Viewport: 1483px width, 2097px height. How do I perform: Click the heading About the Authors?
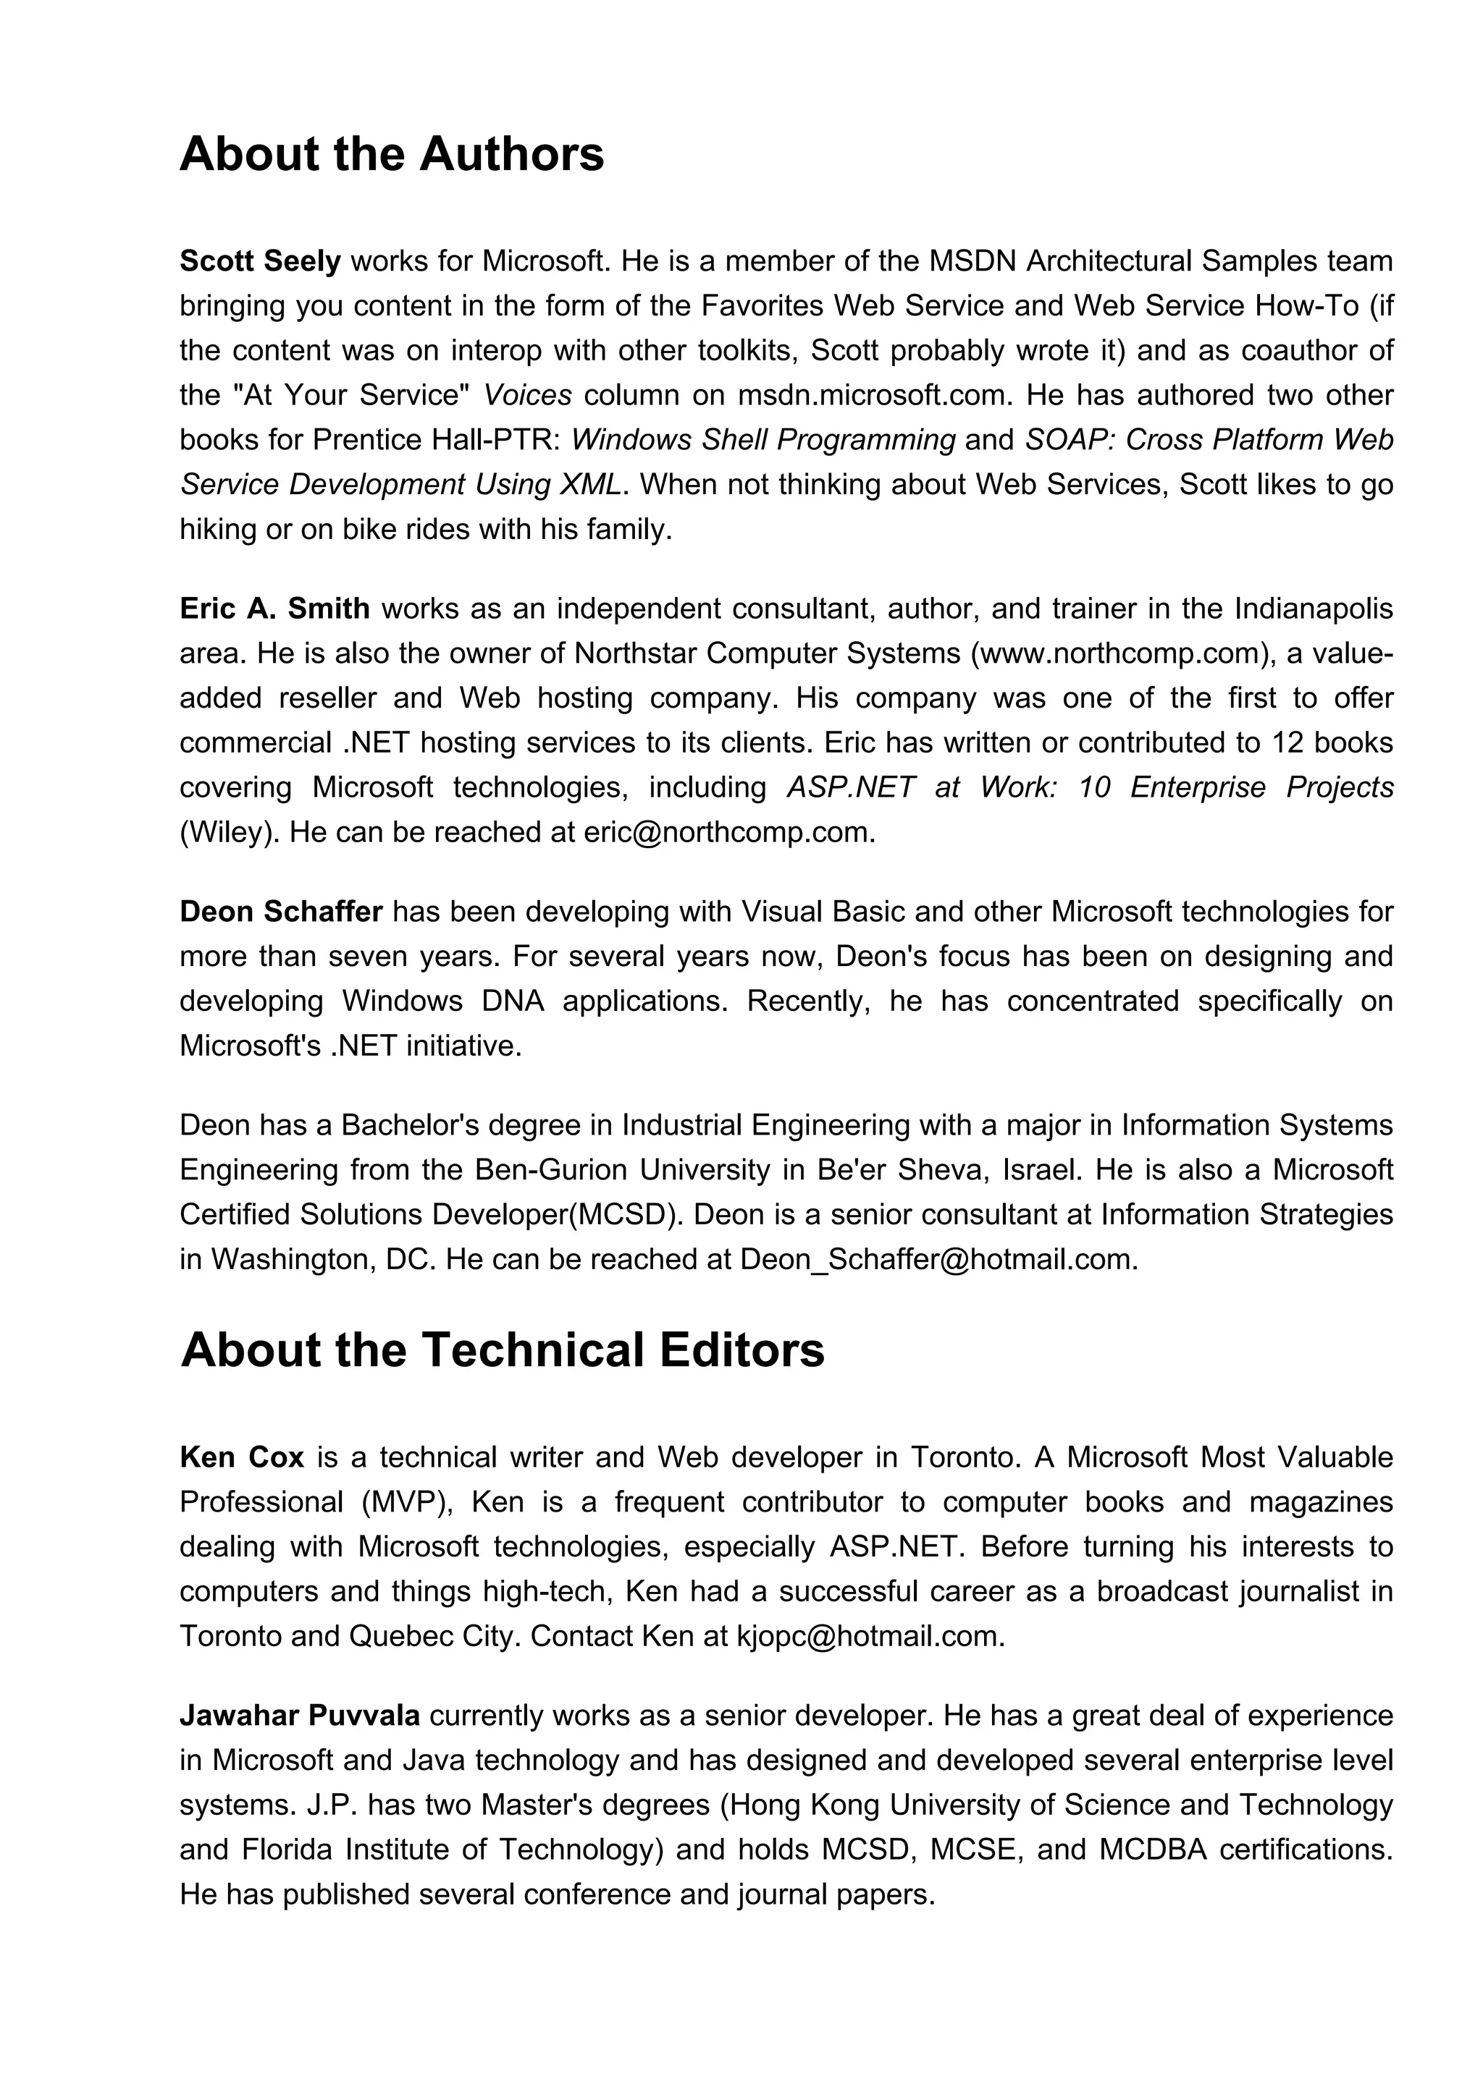coord(391,154)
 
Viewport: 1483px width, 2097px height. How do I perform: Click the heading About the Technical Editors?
coord(502,1350)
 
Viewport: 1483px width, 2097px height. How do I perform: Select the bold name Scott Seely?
coord(259,261)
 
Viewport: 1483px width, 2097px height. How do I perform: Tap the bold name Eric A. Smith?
coord(274,609)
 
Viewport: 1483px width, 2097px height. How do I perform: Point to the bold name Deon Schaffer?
coord(280,912)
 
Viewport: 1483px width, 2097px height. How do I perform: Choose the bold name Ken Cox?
coord(241,1457)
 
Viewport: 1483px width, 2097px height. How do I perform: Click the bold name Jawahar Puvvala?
coord(299,1716)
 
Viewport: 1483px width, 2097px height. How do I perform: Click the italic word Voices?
coord(526,396)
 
